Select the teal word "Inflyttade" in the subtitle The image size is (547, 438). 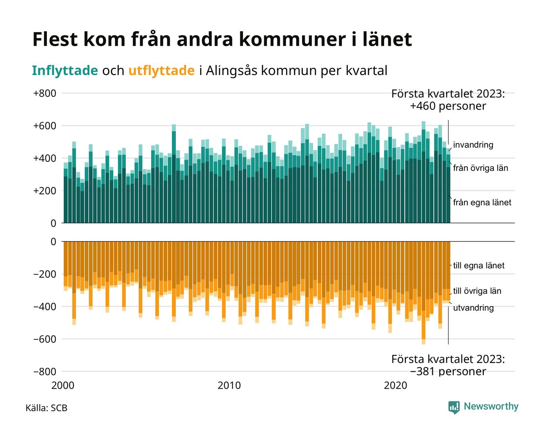65,70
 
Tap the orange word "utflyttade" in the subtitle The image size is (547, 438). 161,70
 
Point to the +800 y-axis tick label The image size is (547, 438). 45,93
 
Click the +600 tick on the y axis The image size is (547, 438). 45,126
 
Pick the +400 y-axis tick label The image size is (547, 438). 45,158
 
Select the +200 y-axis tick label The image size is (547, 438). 45,191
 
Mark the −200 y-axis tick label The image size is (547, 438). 45,274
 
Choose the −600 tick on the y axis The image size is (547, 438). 45,339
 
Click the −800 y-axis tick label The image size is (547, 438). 45,372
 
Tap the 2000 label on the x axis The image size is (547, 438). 63,386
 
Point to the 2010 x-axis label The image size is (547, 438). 229,386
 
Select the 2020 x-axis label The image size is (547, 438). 396,386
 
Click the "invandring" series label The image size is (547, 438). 473,145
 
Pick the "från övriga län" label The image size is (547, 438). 481,168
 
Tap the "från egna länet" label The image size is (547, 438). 482,203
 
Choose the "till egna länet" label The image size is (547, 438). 479,266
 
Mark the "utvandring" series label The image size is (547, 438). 474,308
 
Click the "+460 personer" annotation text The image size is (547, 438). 448,106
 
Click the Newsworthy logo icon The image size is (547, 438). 454,407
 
